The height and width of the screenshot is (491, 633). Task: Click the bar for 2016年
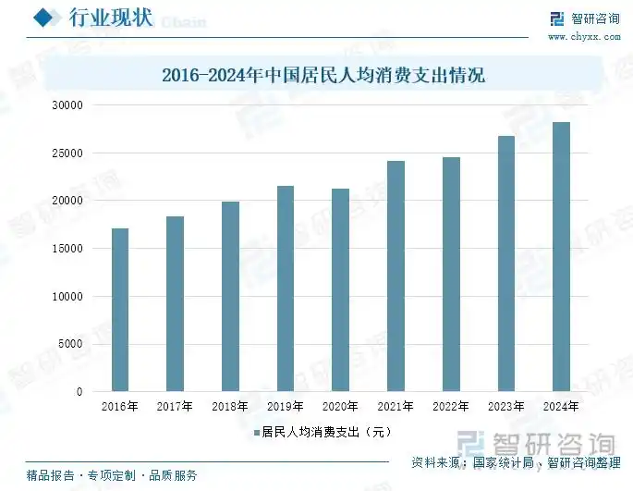click(120, 310)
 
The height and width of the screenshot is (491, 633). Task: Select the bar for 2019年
click(286, 288)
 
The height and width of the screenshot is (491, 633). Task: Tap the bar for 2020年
click(340, 290)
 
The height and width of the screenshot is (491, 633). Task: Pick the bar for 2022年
click(451, 275)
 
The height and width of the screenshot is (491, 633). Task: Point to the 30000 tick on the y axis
click(67, 105)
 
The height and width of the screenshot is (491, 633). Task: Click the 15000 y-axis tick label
click(67, 249)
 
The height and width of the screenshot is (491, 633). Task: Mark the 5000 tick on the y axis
click(70, 344)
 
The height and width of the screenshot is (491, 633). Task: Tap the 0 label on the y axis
click(79, 392)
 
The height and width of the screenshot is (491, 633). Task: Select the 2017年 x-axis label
click(175, 407)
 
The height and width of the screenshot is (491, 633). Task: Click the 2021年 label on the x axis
click(396, 407)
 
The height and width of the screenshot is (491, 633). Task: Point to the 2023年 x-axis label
click(506, 407)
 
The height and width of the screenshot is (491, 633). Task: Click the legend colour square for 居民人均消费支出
click(256, 432)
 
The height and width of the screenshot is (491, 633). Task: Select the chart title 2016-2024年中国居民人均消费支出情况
click(323, 76)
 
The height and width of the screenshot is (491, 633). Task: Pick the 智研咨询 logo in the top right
click(584, 18)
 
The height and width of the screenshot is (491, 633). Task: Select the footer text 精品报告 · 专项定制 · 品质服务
click(112, 476)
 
